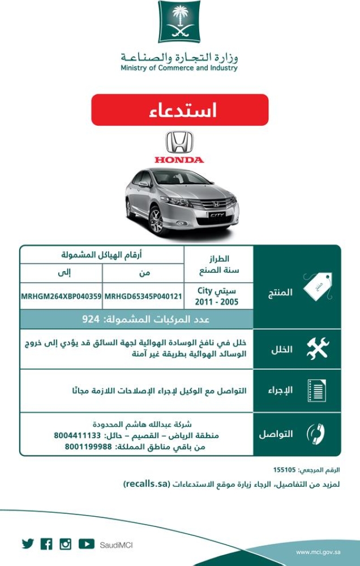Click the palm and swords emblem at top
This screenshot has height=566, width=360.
(x=179, y=22)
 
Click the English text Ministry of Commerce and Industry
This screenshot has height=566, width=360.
(x=179, y=68)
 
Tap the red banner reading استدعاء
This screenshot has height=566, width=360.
(x=179, y=110)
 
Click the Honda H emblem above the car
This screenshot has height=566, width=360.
(x=179, y=142)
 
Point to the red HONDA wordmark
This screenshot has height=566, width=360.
(x=179, y=160)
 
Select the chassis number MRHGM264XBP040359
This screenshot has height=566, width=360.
(x=61, y=296)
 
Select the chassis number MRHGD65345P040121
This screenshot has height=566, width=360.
(x=143, y=296)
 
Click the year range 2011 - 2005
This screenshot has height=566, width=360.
(x=217, y=302)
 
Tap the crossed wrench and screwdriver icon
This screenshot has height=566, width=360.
(x=317, y=349)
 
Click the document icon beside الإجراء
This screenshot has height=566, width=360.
(x=317, y=391)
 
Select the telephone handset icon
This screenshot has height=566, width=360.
(x=316, y=434)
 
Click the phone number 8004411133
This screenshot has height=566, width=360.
(x=78, y=436)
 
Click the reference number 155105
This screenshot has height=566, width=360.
(x=285, y=470)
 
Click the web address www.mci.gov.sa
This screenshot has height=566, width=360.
(x=318, y=551)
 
